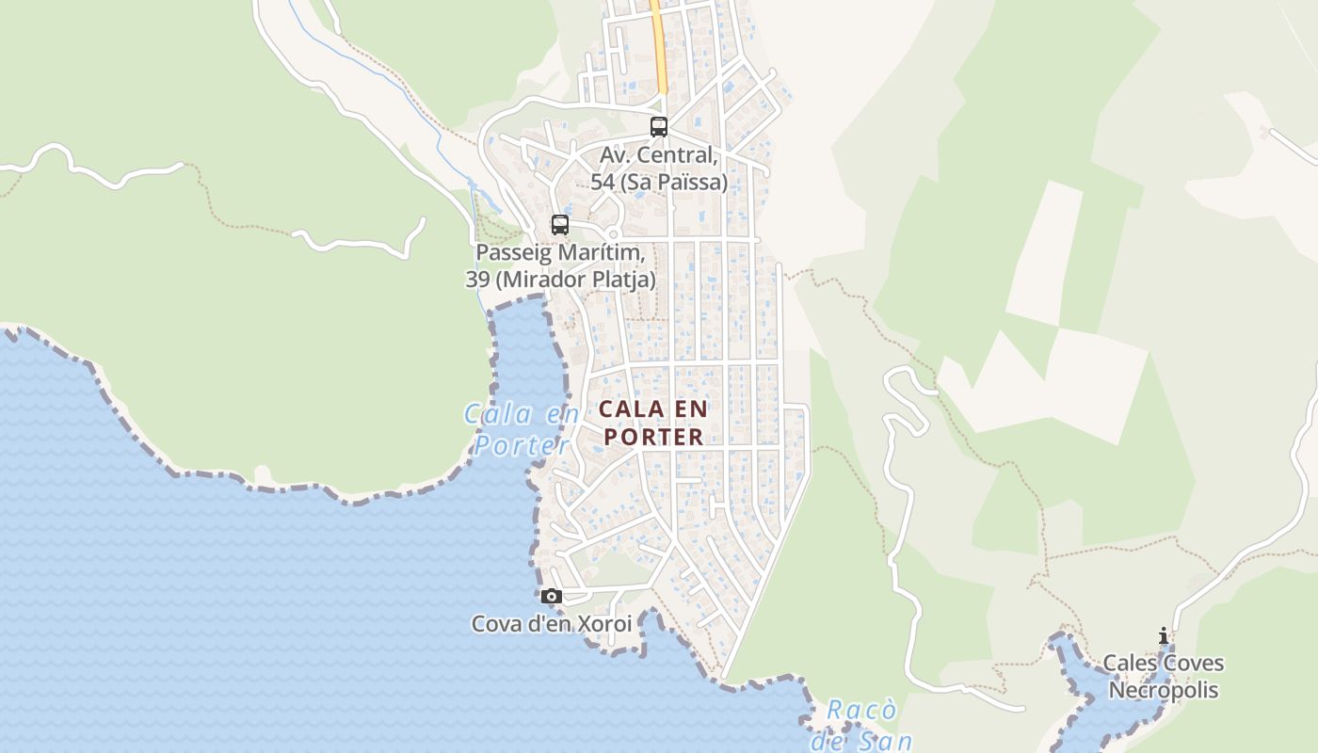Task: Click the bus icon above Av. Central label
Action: (x=659, y=126)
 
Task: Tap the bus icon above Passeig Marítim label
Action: (x=560, y=225)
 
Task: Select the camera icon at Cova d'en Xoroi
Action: (x=552, y=596)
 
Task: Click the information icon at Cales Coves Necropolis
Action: (x=1164, y=636)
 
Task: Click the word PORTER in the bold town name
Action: (x=653, y=437)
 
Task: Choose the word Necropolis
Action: (x=1164, y=690)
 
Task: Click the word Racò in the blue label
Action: (x=862, y=710)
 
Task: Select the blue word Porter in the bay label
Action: (x=522, y=444)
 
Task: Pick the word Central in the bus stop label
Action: (x=687, y=154)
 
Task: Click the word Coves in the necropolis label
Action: (x=1192, y=663)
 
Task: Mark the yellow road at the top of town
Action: (x=660, y=47)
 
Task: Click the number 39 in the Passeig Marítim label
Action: (x=478, y=280)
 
